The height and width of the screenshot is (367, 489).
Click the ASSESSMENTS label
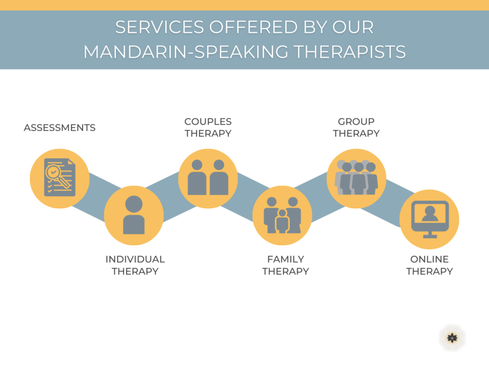[60, 128]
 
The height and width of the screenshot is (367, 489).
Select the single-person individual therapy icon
[134, 215]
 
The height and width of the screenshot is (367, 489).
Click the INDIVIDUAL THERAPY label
[135, 265]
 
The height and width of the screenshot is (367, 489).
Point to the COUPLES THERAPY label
[208, 127]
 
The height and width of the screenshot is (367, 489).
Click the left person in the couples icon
[197, 177]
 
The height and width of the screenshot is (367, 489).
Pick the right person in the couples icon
[219, 177]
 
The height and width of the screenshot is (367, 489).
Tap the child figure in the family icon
[282, 221]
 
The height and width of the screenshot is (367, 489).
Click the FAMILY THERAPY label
[286, 265]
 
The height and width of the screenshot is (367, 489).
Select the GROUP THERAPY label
[356, 127]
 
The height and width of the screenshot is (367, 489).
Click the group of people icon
[356, 177]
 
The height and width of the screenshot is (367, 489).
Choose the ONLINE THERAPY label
[429, 265]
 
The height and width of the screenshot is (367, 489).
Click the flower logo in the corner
[452, 338]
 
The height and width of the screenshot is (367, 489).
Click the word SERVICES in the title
[159, 27]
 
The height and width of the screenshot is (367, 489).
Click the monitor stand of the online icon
[430, 235]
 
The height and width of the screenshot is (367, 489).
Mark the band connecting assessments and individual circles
[96, 197]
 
